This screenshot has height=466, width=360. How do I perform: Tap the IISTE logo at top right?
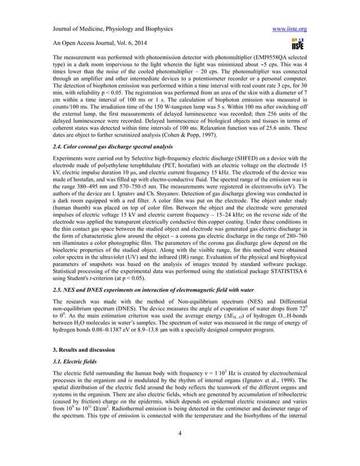click(x=297, y=42)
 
